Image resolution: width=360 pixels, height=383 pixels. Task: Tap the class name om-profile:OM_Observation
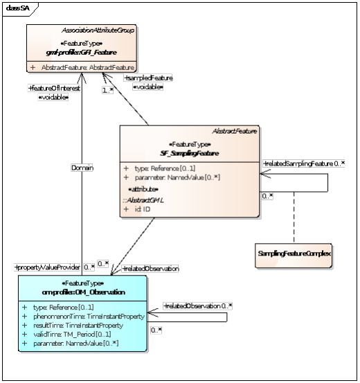pyautogui.click(x=82, y=292)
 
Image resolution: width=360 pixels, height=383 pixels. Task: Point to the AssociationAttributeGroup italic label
pyautogui.click(x=98, y=31)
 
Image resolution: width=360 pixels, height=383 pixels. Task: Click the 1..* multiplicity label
pyautogui.click(x=107, y=90)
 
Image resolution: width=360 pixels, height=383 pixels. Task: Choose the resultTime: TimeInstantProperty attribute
pyautogui.click(x=82, y=325)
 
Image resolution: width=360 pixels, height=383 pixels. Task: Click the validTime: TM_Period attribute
pyautogui.click(x=77, y=334)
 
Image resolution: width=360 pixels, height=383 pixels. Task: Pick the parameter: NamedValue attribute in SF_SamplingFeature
pyautogui.click(x=166, y=177)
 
